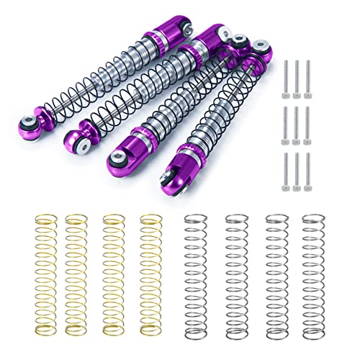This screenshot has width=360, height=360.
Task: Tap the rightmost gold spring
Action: click(149, 267)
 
